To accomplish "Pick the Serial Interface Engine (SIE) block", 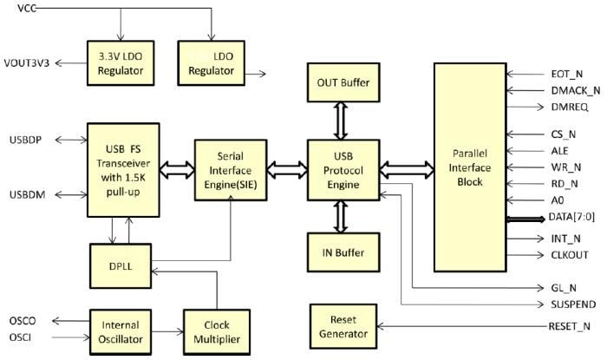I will click(x=229, y=167).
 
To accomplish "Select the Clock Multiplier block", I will click(x=211, y=331).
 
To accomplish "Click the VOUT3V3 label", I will click(x=29, y=63).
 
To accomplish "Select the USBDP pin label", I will click(x=24, y=140).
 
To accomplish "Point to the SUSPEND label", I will click(x=572, y=304).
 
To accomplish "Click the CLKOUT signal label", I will click(x=569, y=254).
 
